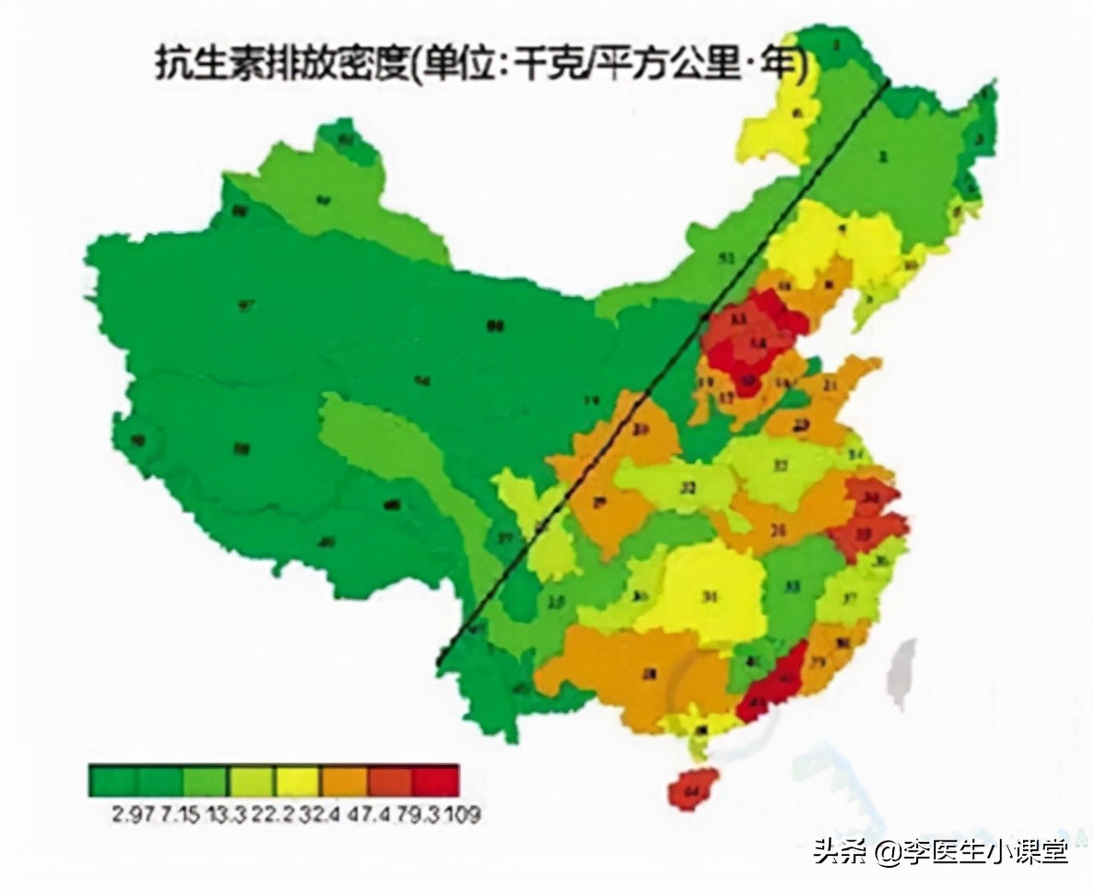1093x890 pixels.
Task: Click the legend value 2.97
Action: (130, 812)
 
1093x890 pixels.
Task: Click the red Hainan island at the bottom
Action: (689, 788)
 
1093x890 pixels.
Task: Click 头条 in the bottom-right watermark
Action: (835, 851)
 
